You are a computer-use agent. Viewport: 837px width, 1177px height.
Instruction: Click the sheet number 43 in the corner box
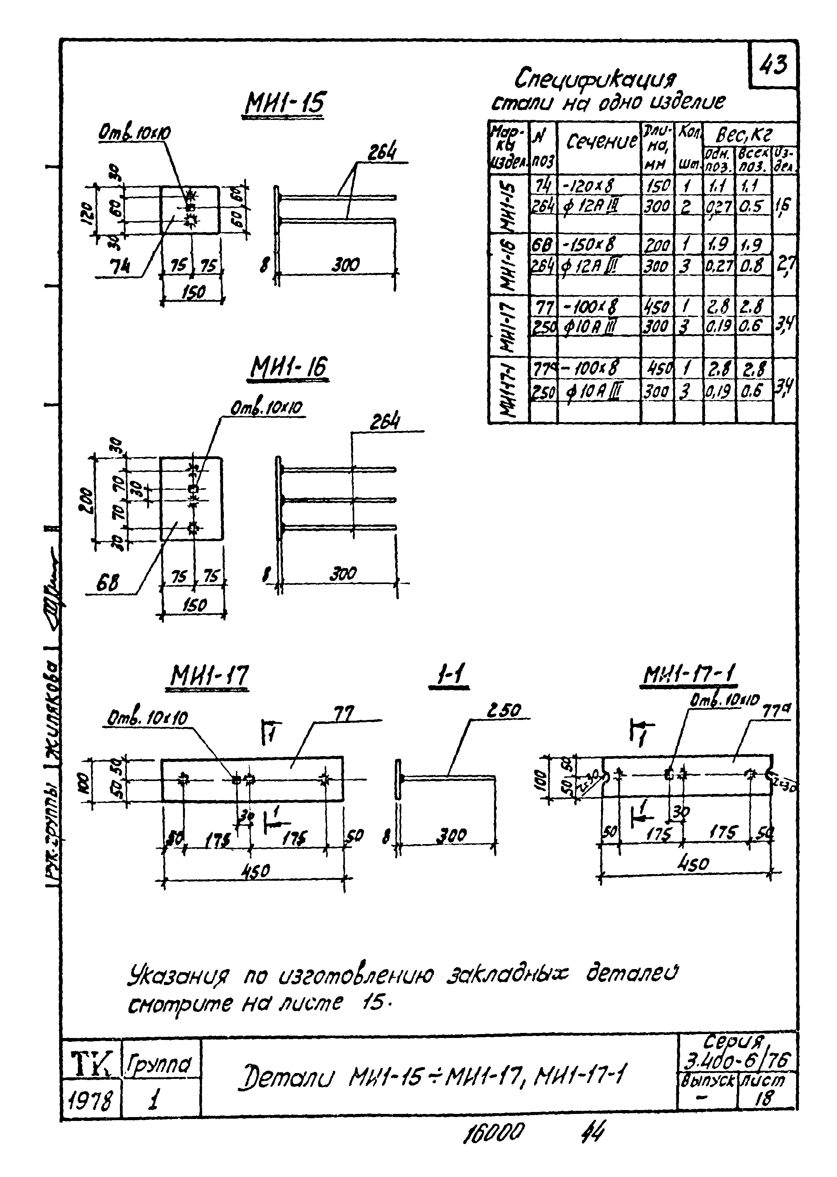[x=773, y=66]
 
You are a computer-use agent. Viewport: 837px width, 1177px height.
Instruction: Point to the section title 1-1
[x=449, y=676]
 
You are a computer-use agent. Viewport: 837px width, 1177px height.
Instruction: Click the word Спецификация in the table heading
[x=595, y=79]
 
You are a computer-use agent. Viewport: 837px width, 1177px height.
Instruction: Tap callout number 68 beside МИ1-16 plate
[x=107, y=582]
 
